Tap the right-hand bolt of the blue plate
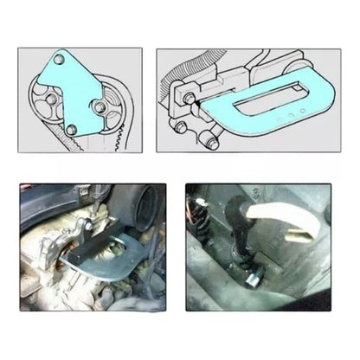pos(102,108)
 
